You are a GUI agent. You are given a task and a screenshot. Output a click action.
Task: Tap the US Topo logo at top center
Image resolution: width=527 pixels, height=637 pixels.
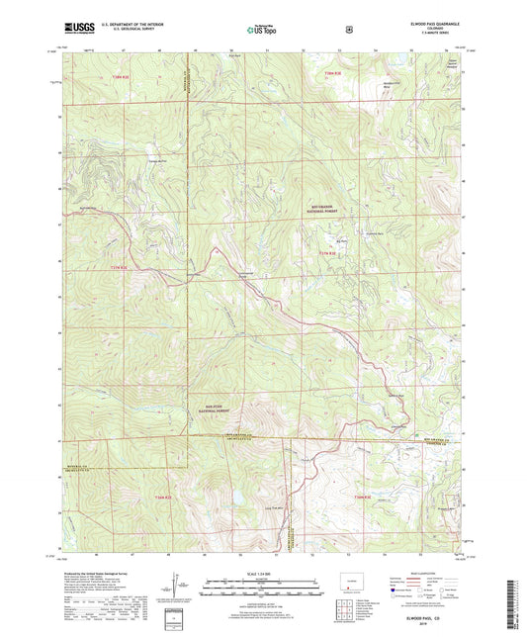(262, 30)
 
